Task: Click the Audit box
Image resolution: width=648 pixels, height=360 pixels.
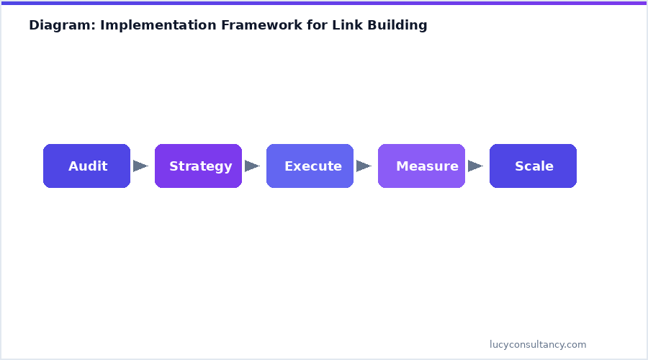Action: (86, 166)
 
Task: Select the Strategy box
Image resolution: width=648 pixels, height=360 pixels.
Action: (198, 166)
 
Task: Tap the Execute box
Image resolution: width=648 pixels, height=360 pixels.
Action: (310, 166)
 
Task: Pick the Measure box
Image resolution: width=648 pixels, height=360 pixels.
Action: (421, 166)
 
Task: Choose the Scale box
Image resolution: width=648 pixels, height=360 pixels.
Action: (533, 166)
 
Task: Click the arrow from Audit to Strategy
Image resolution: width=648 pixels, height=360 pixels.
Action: (140, 166)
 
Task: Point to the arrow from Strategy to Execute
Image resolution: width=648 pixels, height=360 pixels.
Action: (252, 166)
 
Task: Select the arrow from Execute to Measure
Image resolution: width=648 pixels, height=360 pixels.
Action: (364, 166)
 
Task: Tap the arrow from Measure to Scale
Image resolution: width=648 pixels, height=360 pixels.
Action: (475, 166)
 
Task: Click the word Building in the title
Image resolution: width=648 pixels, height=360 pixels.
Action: (397, 25)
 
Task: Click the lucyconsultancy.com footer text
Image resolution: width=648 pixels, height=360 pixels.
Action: (538, 345)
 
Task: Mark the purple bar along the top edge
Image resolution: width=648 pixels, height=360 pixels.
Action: (324, 2)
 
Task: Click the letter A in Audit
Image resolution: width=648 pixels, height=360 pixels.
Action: (73, 166)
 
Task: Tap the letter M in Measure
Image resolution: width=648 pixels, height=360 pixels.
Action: (402, 166)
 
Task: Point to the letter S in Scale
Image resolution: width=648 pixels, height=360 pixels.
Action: (519, 166)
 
